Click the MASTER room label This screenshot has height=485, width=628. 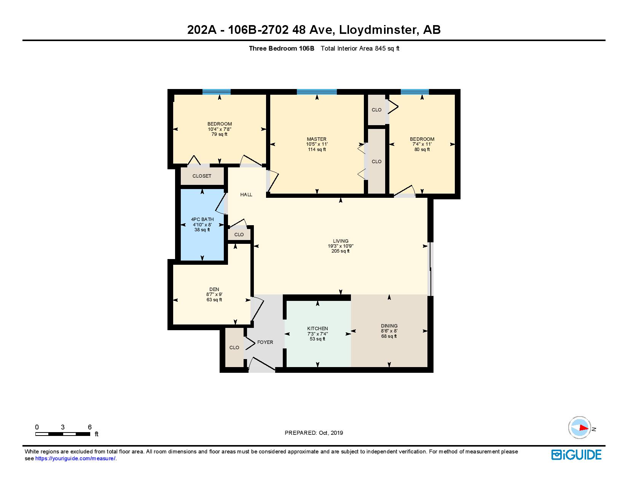[x=317, y=139]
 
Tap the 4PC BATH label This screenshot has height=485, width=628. [x=202, y=219]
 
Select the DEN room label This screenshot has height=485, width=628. [x=214, y=289]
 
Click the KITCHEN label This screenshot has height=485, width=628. [x=317, y=329]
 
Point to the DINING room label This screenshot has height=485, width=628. [x=389, y=326]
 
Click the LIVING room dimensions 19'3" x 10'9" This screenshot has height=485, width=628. [x=340, y=246]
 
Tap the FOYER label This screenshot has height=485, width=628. [x=265, y=342]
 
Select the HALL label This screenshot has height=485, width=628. [x=246, y=195]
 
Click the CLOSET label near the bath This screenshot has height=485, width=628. [x=202, y=176]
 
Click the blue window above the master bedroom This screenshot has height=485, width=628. [x=317, y=92]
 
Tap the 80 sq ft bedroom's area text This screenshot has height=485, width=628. [x=422, y=149]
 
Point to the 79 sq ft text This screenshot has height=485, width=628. [x=219, y=134]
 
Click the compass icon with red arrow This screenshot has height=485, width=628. [x=580, y=428]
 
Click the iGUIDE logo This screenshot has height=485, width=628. [x=576, y=455]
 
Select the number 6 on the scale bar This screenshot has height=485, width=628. [x=89, y=427]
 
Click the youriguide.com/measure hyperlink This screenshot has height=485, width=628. [x=75, y=459]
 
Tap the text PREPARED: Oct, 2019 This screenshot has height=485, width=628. [x=314, y=433]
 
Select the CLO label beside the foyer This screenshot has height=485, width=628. [x=234, y=348]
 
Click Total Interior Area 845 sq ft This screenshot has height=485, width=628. [x=360, y=48]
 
